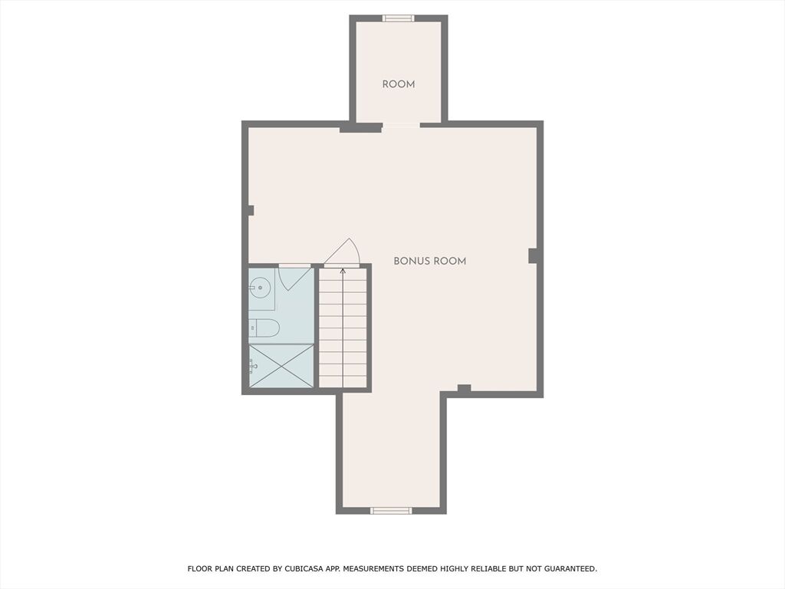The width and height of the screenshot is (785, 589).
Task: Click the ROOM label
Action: click(x=399, y=84)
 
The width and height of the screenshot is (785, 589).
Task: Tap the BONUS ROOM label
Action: click(x=429, y=261)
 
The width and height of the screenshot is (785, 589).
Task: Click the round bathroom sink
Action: click(x=260, y=288)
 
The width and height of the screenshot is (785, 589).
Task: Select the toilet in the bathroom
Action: click(x=264, y=327)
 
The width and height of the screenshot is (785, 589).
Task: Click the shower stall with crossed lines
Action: click(x=281, y=366)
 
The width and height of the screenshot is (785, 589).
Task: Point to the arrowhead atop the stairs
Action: click(x=343, y=271)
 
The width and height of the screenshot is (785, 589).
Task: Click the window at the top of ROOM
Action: click(x=399, y=18)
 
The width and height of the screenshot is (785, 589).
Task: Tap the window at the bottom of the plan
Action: click(x=391, y=510)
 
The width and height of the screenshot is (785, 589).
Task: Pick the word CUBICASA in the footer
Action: click(x=303, y=568)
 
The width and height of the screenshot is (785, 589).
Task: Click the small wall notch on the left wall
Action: click(x=251, y=210)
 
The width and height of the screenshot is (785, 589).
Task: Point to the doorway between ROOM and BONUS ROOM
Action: click(x=401, y=125)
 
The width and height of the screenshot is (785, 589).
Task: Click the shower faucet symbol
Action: click(x=253, y=367)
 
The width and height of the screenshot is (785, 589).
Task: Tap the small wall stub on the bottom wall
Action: click(x=464, y=387)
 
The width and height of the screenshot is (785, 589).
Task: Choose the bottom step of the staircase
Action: click(x=343, y=381)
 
